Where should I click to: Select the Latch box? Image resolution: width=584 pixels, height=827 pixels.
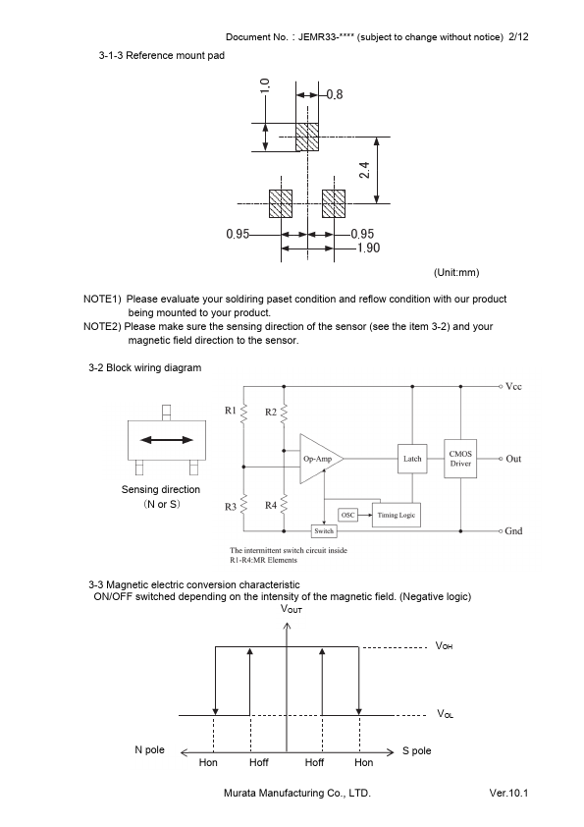point(412,459)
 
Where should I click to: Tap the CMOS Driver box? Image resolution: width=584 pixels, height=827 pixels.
point(460,459)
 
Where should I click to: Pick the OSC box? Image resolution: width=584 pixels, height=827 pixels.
point(347,515)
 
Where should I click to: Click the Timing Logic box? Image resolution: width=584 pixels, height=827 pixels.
point(397,515)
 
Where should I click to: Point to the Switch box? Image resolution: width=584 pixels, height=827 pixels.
point(324,531)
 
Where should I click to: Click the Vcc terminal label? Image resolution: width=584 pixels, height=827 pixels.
point(513,387)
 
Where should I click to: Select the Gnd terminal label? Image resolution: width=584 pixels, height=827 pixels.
point(513,531)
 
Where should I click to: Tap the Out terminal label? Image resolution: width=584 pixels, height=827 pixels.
point(513,459)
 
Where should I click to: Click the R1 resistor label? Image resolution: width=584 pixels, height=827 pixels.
point(231,411)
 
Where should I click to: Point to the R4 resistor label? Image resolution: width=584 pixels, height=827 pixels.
point(270,505)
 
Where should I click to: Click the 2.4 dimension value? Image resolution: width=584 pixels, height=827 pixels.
point(364,170)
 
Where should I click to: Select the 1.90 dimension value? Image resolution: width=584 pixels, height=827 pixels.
point(368,248)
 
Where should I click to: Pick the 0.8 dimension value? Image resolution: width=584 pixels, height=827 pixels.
point(334,94)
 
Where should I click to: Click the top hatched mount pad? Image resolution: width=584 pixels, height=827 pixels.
point(307,137)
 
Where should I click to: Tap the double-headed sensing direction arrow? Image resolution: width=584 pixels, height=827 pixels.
point(167,440)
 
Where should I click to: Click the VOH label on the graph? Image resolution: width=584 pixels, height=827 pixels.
point(444,646)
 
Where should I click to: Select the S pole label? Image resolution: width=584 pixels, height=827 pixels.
point(416,750)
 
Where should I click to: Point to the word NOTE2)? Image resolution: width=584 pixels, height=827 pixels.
point(102,326)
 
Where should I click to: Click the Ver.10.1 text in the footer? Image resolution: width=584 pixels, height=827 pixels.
point(508,793)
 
